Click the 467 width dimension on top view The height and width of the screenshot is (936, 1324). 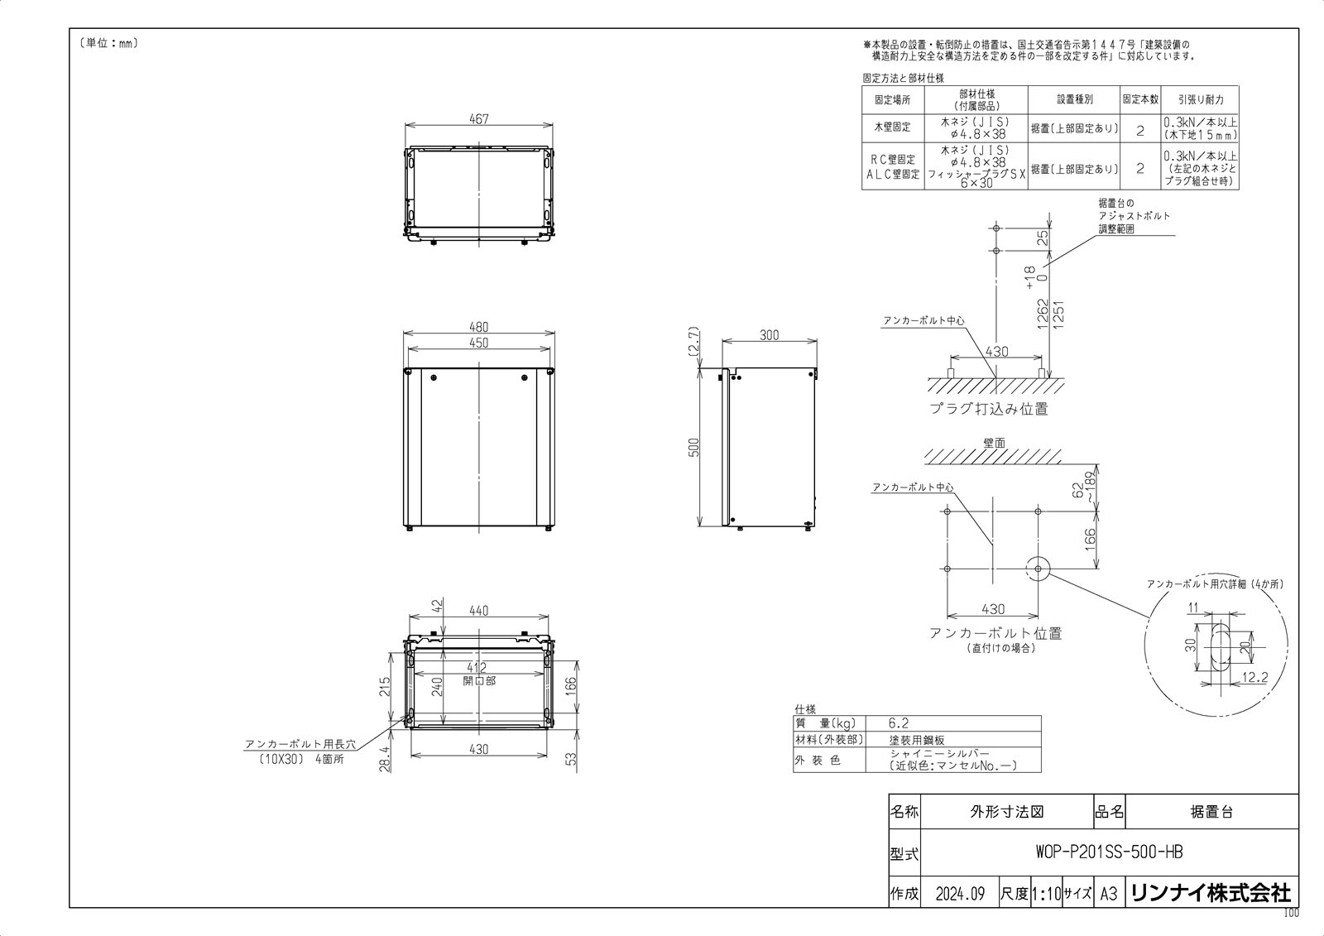(478, 119)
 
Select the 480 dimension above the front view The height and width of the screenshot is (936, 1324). (478, 327)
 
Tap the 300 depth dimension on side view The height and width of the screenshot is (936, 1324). (769, 335)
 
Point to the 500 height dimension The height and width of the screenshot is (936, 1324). (694, 447)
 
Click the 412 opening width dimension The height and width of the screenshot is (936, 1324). (477, 668)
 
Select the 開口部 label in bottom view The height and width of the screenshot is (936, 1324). (479, 681)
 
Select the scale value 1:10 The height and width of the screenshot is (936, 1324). (1046, 894)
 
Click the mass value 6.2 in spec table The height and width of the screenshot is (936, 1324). (899, 723)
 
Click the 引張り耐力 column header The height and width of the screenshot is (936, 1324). (1200, 99)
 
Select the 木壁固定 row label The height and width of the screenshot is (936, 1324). (892, 127)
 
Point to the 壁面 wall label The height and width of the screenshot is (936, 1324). (995, 444)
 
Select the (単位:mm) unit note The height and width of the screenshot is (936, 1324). (108, 43)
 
